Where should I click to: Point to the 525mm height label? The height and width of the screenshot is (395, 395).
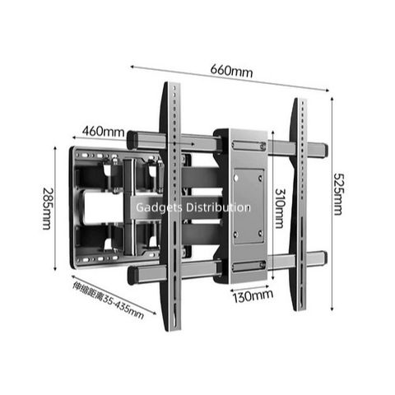point(337,194)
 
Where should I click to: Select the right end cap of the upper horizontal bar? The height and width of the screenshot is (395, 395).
point(323,150)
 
